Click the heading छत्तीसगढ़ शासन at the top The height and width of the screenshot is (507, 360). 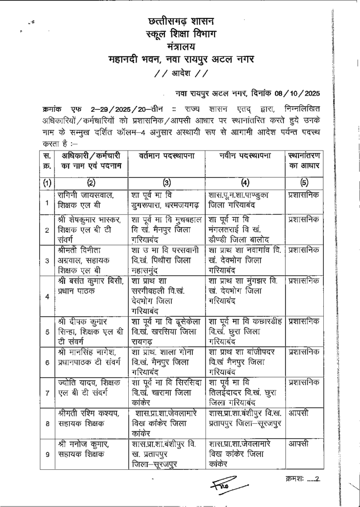click(x=180, y=22)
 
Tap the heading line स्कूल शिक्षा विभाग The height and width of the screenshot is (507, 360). click(x=180, y=36)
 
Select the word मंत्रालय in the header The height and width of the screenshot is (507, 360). click(x=181, y=48)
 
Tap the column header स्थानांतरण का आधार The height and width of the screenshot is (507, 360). click(x=303, y=161)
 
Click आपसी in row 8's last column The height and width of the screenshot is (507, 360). click(x=299, y=412)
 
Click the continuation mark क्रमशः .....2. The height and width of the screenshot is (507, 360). click(x=304, y=480)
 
